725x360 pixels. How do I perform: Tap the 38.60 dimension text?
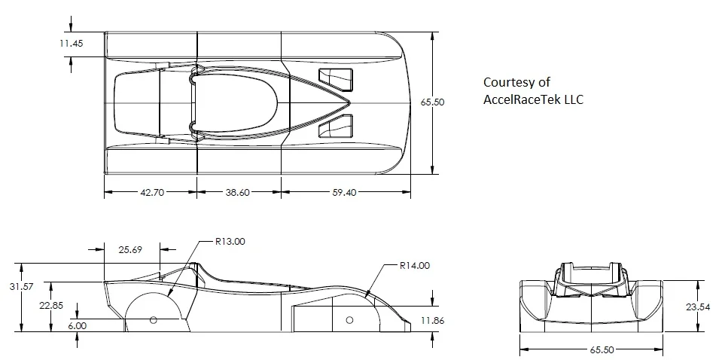pos(238,193)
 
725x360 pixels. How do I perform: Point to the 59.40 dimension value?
pos(343,193)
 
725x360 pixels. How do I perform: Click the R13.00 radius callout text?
pos(230,242)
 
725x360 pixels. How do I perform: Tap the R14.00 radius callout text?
pos(415,266)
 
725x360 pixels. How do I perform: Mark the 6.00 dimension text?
pos(77,326)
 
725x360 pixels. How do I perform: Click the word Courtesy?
pos(506,83)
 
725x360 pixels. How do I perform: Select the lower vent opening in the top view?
pos(335,125)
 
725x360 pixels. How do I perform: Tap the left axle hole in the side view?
pos(153,320)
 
